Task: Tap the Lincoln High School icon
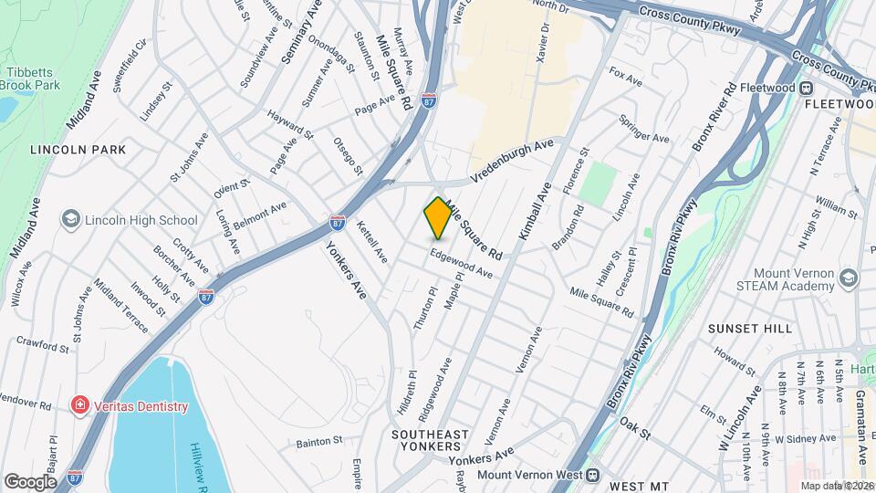70,220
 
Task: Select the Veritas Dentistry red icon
80,406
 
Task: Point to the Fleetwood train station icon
807,89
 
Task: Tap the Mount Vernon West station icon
592,475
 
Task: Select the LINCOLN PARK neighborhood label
77,149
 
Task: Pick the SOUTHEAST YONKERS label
431,440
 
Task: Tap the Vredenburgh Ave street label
512,162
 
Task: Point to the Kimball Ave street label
535,213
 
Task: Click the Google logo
30,481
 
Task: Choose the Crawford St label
43,344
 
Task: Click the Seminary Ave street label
300,32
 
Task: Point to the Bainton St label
318,441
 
